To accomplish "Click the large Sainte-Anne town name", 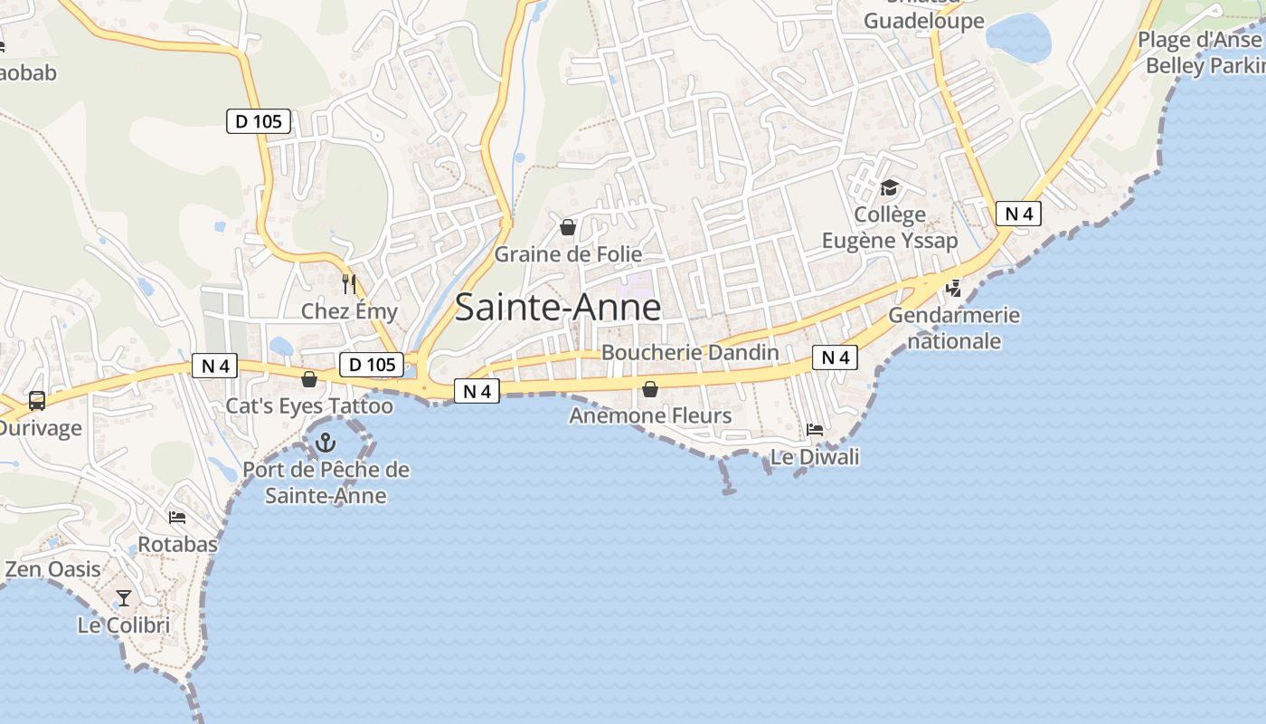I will click(x=558, y=308).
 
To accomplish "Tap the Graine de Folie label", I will click(x=568, y=254).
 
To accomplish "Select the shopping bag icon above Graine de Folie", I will click(x=568, y=227).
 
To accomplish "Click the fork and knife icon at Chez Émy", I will click(x=349, y=284).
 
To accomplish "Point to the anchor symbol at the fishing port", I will click(x=325, y=443).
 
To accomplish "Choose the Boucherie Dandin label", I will click(x=690, y=352).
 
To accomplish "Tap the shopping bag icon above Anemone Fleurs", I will click(x=649, y=390).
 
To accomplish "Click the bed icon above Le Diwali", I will click(x=815, y=430).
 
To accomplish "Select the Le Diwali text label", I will click(x=815, y=457).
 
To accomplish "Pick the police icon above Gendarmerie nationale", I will click(x=953, y=289).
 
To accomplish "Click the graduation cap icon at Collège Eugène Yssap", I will click(x=890, y=188).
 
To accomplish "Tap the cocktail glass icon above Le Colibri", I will click(x=124, y=598).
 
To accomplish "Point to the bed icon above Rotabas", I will click(x=177, y=518).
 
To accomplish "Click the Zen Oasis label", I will click(x=53, y=569).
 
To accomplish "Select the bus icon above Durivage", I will click(x=37, y=400).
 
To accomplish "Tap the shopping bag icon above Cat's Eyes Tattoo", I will click(x=308, y=379).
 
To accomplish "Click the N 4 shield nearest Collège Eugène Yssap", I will click(x=1018, y=214).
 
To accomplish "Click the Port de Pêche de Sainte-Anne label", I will click(x=326, y=483).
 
